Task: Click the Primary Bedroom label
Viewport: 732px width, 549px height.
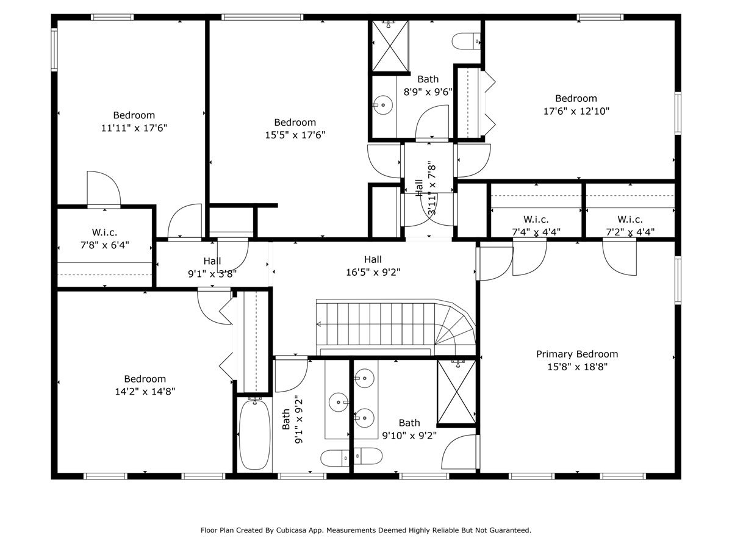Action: point(576,354)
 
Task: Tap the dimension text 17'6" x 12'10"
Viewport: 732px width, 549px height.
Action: point(576,111)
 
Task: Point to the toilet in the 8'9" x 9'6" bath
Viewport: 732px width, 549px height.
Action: point(466,41)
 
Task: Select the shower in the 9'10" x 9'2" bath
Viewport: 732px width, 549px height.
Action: point(456,392)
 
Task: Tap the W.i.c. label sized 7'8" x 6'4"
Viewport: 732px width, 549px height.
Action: point(104,232)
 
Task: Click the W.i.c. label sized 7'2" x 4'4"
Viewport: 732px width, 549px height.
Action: point(630,219)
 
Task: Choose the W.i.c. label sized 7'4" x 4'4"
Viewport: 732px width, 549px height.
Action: point(536,219)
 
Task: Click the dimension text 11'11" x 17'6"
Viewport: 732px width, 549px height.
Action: point(134,128)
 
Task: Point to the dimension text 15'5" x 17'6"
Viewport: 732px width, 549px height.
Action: point(295,135)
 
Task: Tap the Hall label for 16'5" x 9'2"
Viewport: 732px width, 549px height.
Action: point(373,259)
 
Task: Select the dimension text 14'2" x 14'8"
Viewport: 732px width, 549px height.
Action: point(145,392)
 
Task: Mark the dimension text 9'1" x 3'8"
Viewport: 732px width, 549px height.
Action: point(212,274)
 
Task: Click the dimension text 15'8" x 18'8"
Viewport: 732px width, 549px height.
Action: point(576,367)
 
